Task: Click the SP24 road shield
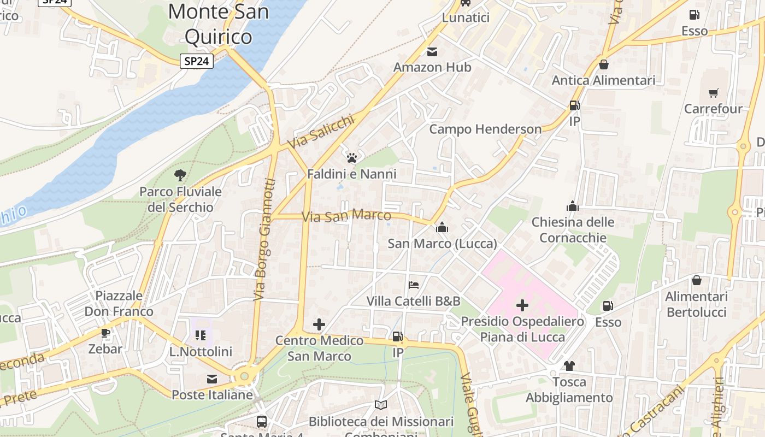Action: [x=196, y=61]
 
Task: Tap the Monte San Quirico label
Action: [x=219, y=23]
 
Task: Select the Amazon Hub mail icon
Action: [x=432, y=52]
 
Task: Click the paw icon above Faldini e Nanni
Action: [x=352, y=158]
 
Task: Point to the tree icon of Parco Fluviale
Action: [x=180, y=175]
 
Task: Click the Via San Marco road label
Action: [x=346, y=216]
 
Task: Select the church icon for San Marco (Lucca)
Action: [x=442, y=227]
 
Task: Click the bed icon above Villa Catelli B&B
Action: [x=414, y=285]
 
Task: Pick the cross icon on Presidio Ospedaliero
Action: [x=522, y=305]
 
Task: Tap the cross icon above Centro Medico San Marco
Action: [x=319, y=325]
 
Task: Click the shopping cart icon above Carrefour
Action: [x=713, y=93]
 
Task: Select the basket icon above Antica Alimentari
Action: [x=604, y=64]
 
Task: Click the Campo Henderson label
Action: [x=485, y=129]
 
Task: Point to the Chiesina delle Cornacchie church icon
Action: [x=573, y=206]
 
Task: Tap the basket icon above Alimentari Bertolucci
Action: [x=697, y=280]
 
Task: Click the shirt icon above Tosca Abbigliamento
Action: [x=569, y=365]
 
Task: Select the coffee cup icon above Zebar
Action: [x=105, y=333]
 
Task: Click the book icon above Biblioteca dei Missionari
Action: [x=381, y=405]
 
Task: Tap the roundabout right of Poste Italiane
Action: [x=244, y=376]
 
